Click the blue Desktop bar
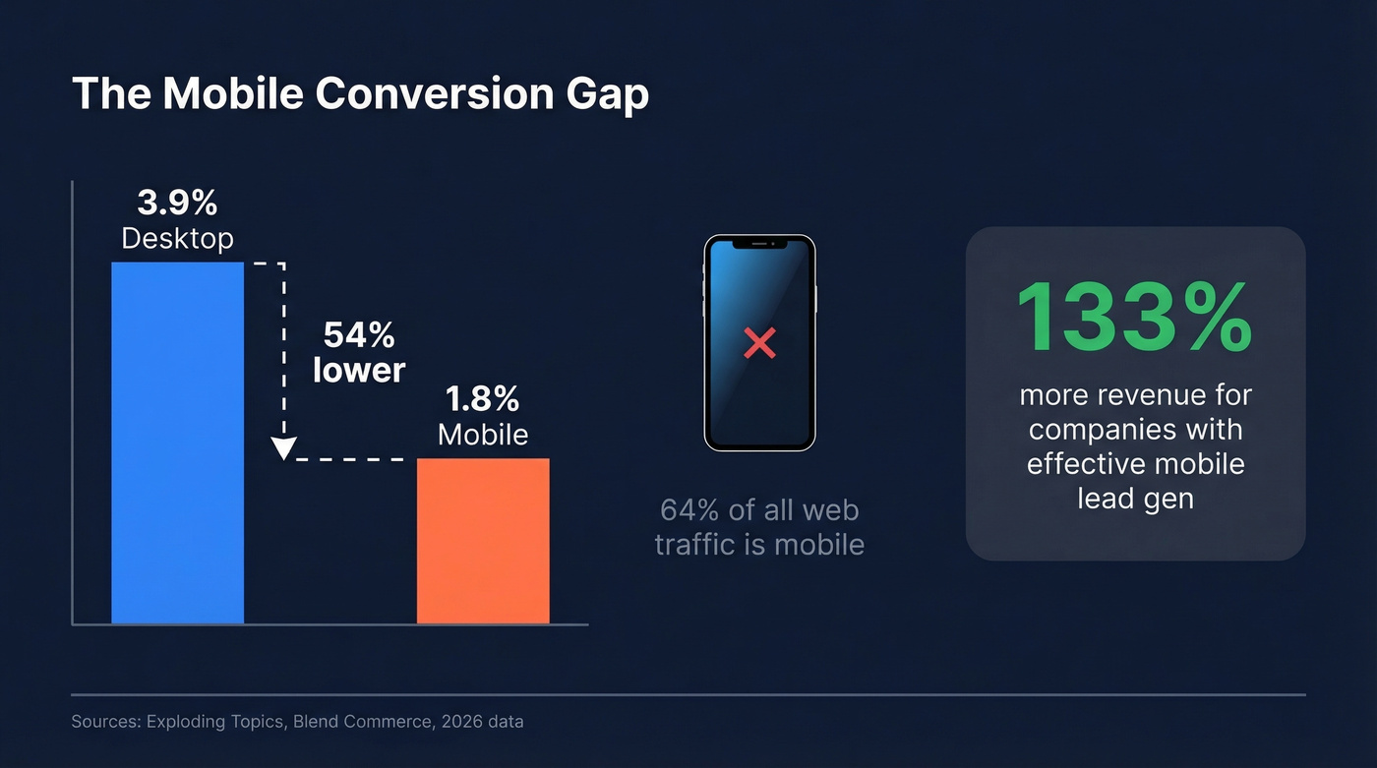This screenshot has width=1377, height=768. [177, 443]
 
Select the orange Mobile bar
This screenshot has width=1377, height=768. [483, 541]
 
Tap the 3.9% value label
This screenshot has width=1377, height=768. [177, 203]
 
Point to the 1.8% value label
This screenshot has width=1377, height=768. [482, 399]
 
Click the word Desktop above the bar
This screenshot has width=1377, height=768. [177, 238]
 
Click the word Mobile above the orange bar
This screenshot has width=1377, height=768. [482, 435]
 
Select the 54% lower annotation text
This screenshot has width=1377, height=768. [359, 352]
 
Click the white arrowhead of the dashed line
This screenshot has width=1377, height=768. [283, 448]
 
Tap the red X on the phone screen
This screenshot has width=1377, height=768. [759, 343]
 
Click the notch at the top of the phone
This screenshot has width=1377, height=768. [759, 243]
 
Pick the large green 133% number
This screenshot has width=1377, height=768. [1134, 317]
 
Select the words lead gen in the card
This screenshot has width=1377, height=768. [1135, 498]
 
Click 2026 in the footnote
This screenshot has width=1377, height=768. [462, 722]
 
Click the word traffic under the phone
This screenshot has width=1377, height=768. [693, 544]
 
